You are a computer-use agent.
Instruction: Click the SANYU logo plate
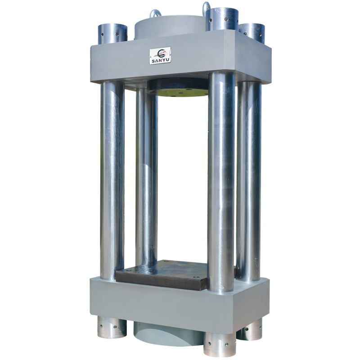(160, 55)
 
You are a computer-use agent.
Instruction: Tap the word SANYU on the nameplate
(160, 61)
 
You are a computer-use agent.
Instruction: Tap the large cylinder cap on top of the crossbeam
(170, 30)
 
